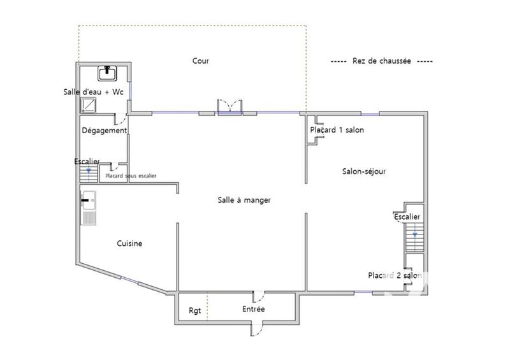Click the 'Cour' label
click(201, 61)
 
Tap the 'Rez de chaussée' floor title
click(382, 61)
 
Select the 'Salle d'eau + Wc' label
click(93, 92)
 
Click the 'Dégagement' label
click(105, 131)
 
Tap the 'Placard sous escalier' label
click(131, 176)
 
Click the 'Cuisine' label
click(129, 243)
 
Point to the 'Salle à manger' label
click(244, 200)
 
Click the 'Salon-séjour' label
click(364, 171)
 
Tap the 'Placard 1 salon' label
click(337, 131)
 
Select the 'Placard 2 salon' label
click(395, 276)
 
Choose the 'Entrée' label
click(253, 309)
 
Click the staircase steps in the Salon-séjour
click(414, 242)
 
